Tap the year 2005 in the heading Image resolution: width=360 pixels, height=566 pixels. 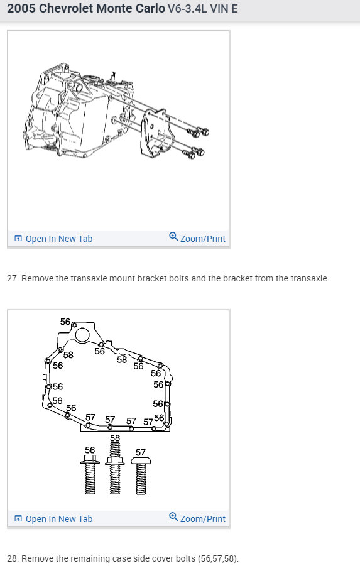coord(21,8)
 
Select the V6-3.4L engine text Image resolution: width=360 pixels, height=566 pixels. coord(187,9)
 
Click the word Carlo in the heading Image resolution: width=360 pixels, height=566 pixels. coord(150,8)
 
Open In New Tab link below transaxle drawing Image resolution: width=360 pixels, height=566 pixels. coord(53,239)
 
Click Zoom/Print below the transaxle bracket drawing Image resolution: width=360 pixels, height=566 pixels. coord(197,238)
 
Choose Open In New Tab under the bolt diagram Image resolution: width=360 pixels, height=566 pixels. coord(53,519)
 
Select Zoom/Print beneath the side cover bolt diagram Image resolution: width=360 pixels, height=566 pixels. coord(197,518)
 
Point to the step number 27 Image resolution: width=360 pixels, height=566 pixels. coord(13,278)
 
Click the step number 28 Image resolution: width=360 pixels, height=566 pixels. coord(13,558)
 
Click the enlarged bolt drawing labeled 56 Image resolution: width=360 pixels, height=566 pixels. coord(90,474)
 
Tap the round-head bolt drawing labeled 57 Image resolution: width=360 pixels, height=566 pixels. coord(141,475)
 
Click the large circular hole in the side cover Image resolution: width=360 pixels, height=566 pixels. coord(82,334)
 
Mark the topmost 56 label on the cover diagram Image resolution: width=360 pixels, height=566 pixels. coord(65,321)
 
